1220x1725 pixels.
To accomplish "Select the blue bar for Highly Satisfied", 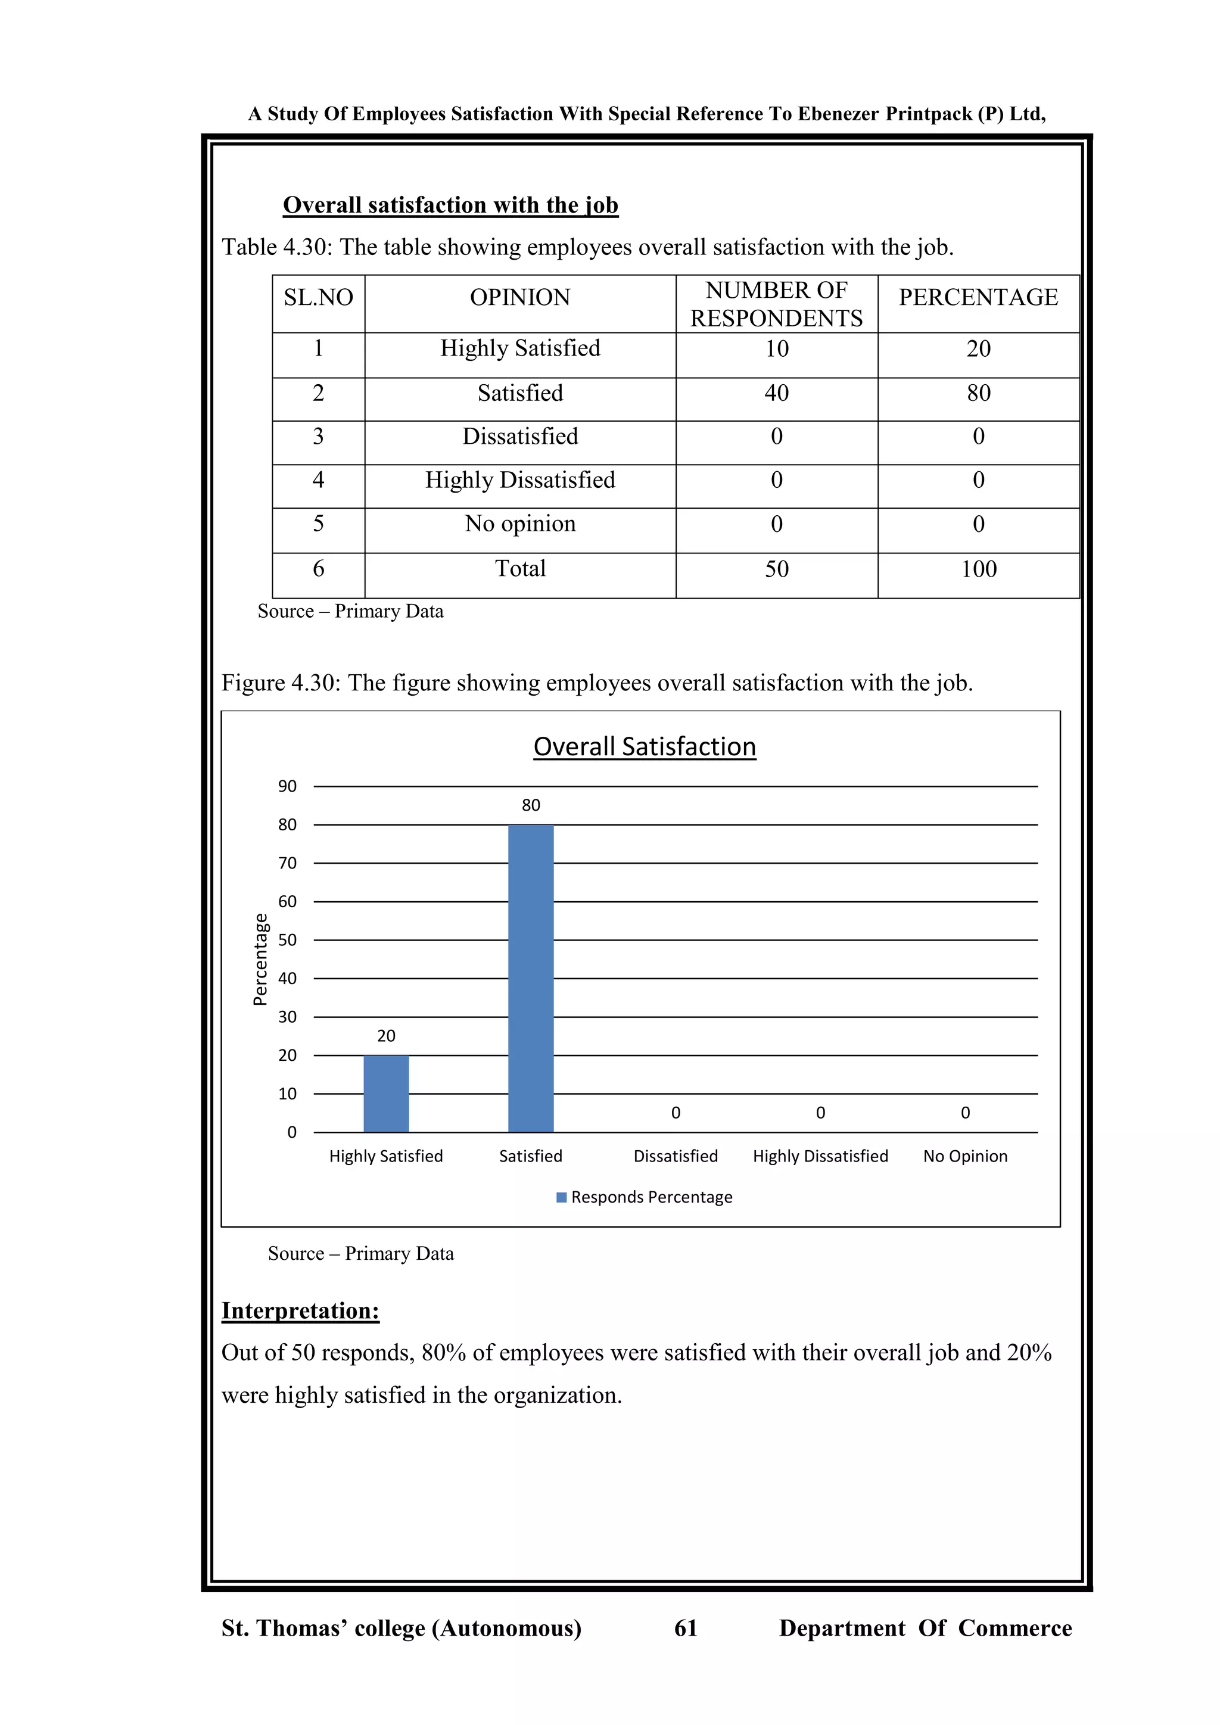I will [386, 1093].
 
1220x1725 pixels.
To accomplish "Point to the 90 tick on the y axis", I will [287, 787].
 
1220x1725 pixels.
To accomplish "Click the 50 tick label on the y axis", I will [287, 940].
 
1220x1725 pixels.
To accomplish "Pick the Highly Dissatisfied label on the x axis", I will [820, 1156].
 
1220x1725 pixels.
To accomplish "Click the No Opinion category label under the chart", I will [964, 1156].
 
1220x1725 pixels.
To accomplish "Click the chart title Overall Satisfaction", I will [645, 747].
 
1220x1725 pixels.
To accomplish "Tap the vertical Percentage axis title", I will [260, 960].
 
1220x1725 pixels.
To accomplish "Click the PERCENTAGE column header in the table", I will [978, 297].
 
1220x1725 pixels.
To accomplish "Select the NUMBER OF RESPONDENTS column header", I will [776, 304].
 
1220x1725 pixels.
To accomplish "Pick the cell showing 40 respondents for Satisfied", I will [776, 393].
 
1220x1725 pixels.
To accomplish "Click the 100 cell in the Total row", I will [978, 569].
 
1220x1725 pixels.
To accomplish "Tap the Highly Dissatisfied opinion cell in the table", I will [520, 480].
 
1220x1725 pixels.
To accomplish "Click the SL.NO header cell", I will [319, 297].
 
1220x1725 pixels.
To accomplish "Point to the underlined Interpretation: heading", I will [300, 1310].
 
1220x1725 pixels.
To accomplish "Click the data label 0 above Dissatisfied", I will [676, 1113].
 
